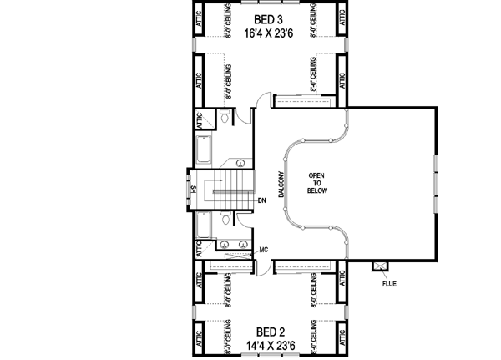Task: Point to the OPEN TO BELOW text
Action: pyautogui.click(x=316, y=183)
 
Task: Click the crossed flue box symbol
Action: pyautogui.click(x=382, y=266)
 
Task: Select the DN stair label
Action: pyautogui.click(x=261, y=200)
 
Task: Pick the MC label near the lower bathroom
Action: pyautogui.click(x=263, y=250)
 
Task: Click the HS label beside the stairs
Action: pyautogui.click(x=193, y=189)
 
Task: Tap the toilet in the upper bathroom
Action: pyautogui.click(x=226, y=118)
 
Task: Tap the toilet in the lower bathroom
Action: pyautogui.click(x=226, y=219)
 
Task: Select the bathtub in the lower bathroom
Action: pyautogui.click(x=203, y=224)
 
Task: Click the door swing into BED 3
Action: pyautogui.click(x=262, y=103)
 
